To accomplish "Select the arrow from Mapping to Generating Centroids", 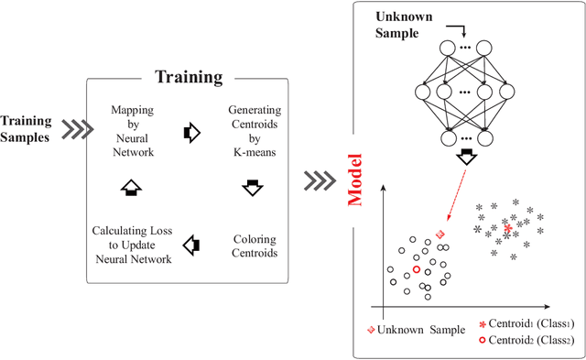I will tap(190, 132).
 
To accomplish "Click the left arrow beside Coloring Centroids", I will tap(190, 245).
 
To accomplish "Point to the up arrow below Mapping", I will tap(131, 188).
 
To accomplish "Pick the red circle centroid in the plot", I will tap(416, 269).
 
